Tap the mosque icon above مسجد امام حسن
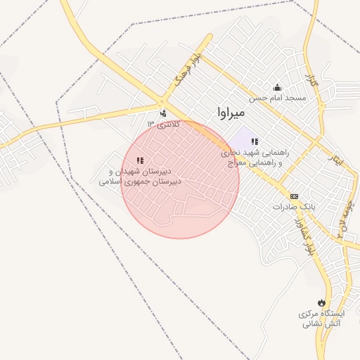coord(277,88)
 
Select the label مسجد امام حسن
coord(280,98)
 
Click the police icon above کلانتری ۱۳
coord(163,112)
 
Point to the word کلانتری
coord(169,124)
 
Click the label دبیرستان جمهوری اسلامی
coord(140,181)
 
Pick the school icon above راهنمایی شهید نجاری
coord(255,142)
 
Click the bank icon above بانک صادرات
coord(294,196)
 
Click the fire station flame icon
coord(322,302)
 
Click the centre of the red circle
coord(181,179)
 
